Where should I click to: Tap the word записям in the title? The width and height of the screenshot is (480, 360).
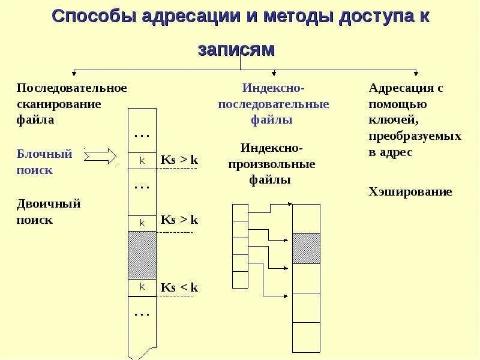coord(236,49)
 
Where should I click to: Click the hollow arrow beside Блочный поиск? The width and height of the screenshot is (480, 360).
coord(100,157)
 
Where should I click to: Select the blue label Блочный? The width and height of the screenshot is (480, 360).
coord(44,154)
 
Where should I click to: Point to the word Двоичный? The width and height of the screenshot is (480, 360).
coord(49,203)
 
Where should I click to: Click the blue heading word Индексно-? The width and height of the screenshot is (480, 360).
coord(273,88)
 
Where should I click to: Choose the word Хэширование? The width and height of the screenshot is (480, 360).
coord(410,192)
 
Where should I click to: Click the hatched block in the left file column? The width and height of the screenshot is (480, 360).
coord(142,255)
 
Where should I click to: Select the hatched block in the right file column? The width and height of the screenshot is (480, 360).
coord(306,248)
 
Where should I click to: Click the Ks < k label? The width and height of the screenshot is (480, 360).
coord(179,287)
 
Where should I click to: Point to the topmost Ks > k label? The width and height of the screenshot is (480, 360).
coord(179,160)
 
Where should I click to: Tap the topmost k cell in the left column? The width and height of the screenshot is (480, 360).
coord(142,161)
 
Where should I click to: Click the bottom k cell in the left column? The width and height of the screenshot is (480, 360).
coord(142,287)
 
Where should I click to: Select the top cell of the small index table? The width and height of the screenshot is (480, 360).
coord(240,212)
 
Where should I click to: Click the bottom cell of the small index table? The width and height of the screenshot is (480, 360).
coord(240,280)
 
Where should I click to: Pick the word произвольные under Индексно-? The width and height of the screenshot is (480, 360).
coord(272,164)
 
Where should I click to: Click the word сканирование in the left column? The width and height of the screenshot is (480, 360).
coord(58,104)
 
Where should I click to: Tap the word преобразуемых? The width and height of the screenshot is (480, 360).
coord(415,136)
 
